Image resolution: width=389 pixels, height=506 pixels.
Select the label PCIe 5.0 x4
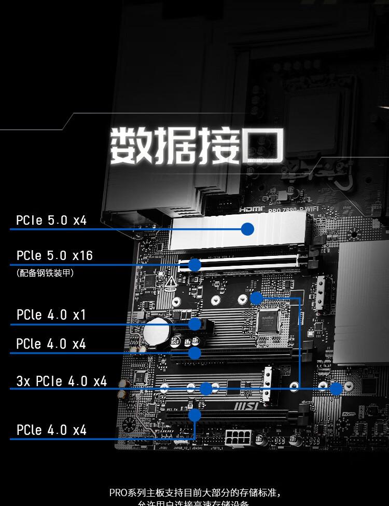pyautogui.click(x=51, y=220)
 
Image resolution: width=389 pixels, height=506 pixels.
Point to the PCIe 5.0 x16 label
pyautogui.click(x=54, y=255)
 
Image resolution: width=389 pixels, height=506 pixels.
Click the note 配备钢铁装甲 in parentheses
pyautogui.click(x=45, y=272)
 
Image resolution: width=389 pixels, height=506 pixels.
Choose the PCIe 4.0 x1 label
pyautogui.click(x=51, y=315)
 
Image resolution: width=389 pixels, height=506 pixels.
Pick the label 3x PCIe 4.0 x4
pyautogui.click(x=62, y=381)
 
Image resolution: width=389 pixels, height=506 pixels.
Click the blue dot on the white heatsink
pyautogui.click(x=247, y=228)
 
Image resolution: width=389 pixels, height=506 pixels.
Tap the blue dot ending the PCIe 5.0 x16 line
pyautogui.click(x=195, y=265)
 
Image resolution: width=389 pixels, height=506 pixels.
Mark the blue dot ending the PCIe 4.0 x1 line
pyautogui.click(x=195, y=324)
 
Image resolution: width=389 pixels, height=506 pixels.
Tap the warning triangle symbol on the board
pyautogui.click(x=171, y=282)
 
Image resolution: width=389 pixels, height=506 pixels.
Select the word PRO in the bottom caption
pyautogui.click(x=117, y=492)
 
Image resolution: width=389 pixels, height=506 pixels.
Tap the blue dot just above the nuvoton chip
pyautogui.click(x=256, y=298)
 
